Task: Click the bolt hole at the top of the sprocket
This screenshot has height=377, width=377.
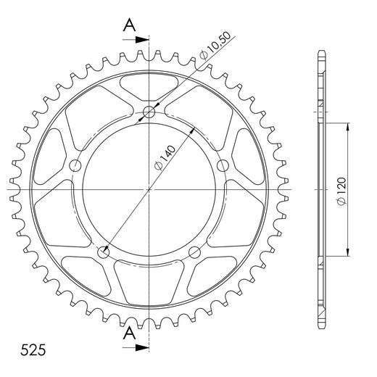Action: [x=149, y=112]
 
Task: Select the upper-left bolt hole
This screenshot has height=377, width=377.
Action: [x=75, y=165]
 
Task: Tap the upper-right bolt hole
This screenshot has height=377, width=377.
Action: [x=223, y=165]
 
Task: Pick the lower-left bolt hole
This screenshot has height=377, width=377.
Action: [x=103, y=252]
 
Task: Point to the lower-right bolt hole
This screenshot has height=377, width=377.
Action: [x=195, y=252]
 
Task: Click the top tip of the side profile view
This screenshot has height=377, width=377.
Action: [x=320, y=52]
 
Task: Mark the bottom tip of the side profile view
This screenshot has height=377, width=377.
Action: [x=320, y=327]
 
